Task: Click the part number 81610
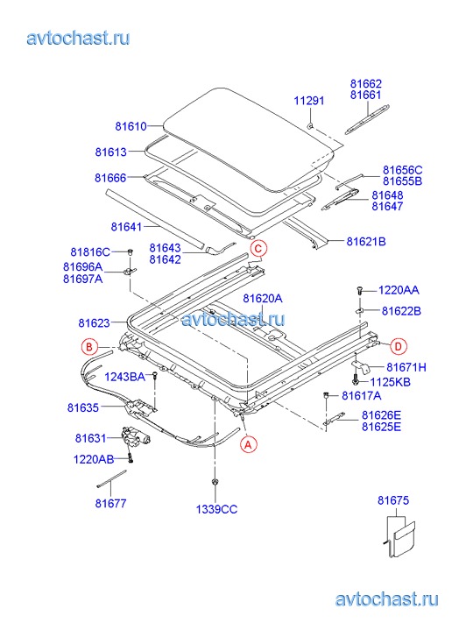tap(131, 126)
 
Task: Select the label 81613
tap(111, 152)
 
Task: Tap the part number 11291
tap(309, 101)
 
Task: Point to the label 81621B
tap(366, 242)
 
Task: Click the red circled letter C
tap(258, 248)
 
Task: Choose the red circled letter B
tap(89, 347)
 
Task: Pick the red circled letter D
tap(399, 346)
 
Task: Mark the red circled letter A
tap(248, 444)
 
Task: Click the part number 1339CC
tap(216, 509)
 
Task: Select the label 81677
tap(111, 503)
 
